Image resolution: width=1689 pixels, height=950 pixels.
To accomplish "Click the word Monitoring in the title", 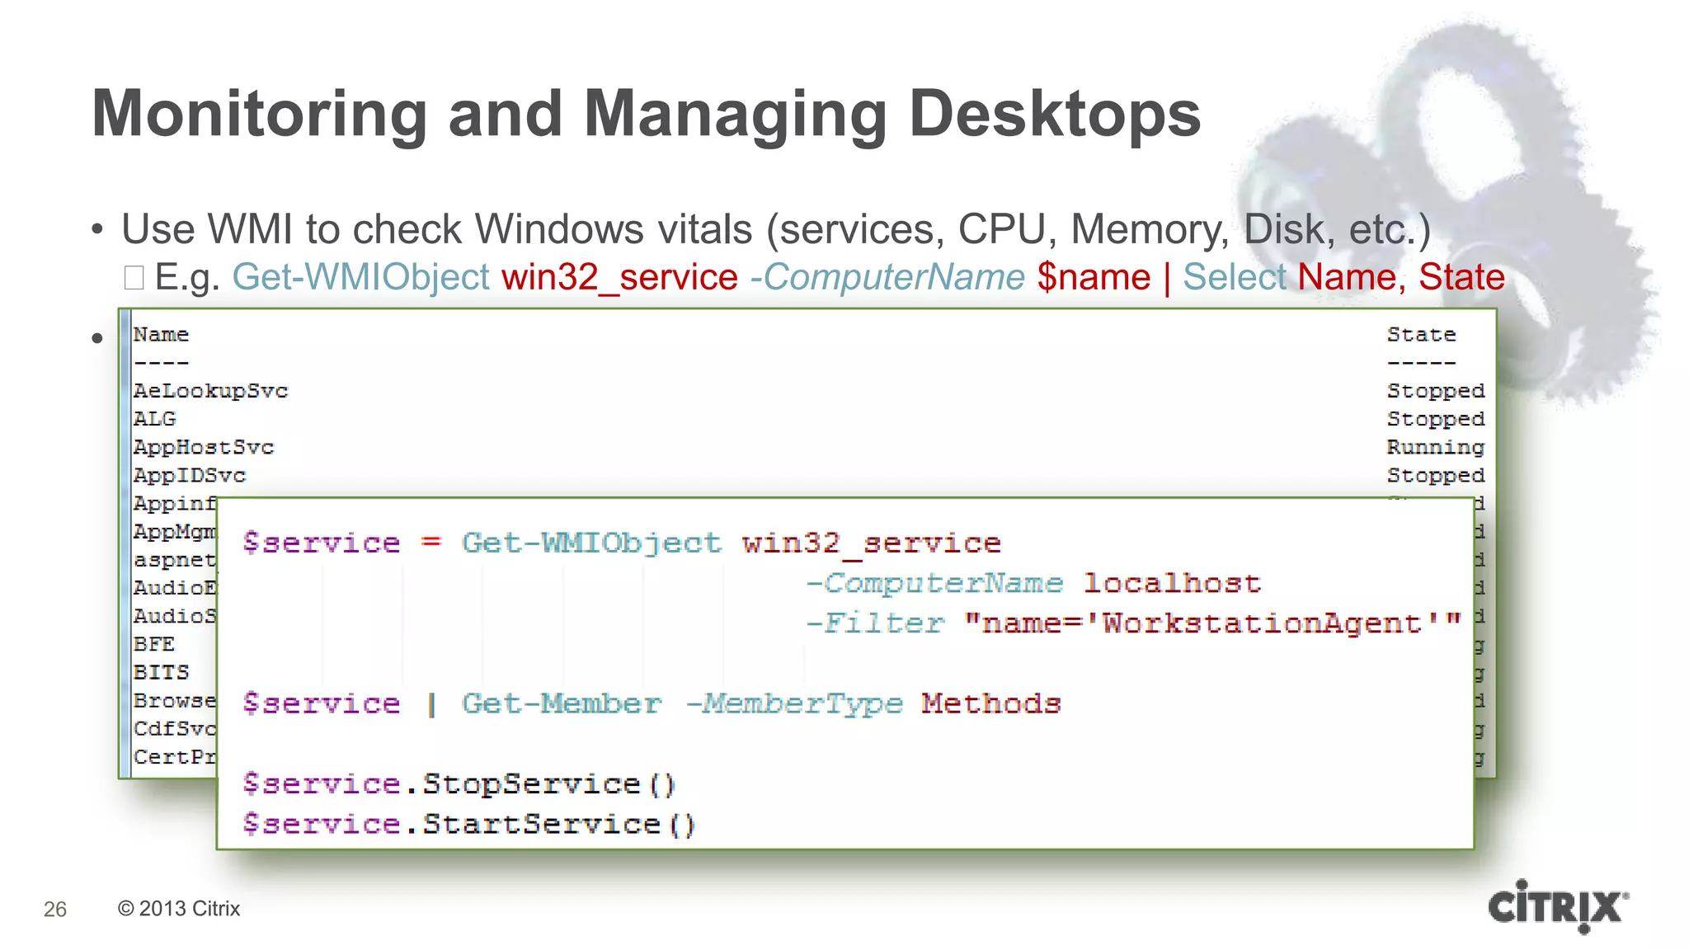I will point(259,114).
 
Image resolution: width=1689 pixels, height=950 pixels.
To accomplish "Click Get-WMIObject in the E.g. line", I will point(361,277).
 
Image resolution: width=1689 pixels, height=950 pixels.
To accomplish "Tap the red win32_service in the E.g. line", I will point(619,277).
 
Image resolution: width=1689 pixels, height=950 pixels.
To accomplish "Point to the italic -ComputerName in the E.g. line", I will point(887,277).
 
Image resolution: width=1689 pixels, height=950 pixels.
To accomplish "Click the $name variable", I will point(1094,277).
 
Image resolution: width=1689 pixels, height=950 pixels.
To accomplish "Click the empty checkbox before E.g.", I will point(134,278).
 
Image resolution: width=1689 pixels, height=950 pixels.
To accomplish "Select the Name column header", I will point(161,335).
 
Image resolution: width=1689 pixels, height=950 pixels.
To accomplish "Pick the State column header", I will point(1421,335).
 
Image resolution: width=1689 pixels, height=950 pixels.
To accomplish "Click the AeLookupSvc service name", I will point(210,391).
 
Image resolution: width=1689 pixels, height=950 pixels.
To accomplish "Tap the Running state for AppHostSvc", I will point(1435,448).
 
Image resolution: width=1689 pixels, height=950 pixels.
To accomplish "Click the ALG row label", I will point(155,419).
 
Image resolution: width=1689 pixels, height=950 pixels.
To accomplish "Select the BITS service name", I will point(161,673).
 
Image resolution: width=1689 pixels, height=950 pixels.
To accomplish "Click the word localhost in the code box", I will point(1172,583).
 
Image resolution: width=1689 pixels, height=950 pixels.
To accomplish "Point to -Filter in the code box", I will point(874,623).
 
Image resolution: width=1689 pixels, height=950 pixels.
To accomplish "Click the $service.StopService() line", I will point(459,783).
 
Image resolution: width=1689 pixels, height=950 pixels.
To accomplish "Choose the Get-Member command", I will point(561,703).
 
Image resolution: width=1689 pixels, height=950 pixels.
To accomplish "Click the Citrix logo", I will point(1558,906).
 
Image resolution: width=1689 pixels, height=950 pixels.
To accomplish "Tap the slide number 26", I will point(55,909).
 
